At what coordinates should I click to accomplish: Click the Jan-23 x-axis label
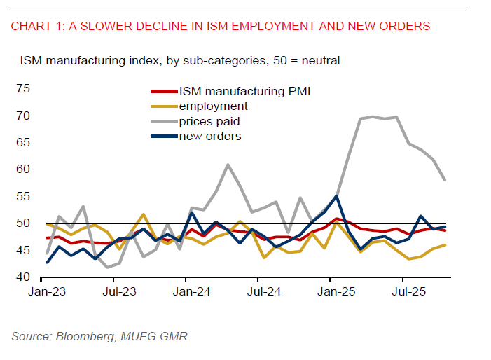pyautogui.click(x=46, y=290)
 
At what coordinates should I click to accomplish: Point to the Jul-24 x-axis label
pyautogui.click(x=261, y=290)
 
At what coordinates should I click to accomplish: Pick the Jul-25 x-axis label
pyautogui.click(x=405, y=290)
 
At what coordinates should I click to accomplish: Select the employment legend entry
pyautogui.click(x=213, y=106)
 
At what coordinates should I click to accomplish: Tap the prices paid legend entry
pyautogui.click(x=211, y=121)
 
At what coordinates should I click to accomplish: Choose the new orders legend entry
pyautogui.click(x=209, y=136)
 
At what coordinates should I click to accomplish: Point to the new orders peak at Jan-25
pyautogui.click(x=336, y=196)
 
